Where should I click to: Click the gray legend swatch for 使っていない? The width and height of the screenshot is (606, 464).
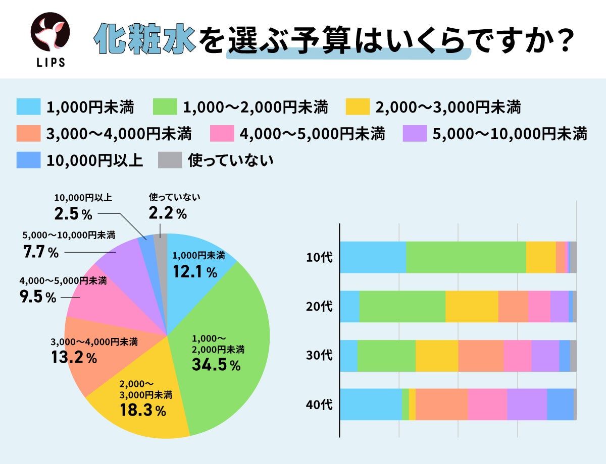170,160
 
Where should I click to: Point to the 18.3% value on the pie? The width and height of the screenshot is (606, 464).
143,411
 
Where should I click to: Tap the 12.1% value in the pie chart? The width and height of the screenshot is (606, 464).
194,272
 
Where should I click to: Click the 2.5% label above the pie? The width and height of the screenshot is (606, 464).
73,214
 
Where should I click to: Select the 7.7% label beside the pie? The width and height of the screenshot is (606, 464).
41,252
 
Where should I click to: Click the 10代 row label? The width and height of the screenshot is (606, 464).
319,257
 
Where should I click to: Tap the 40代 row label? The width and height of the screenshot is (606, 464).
319,404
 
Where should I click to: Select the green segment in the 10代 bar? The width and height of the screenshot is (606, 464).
466,257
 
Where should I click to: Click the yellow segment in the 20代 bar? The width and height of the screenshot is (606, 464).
472,306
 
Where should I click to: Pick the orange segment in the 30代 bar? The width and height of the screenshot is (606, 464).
480,356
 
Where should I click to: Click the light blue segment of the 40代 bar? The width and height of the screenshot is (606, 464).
371,404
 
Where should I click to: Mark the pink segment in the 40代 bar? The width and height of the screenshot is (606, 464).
487,404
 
